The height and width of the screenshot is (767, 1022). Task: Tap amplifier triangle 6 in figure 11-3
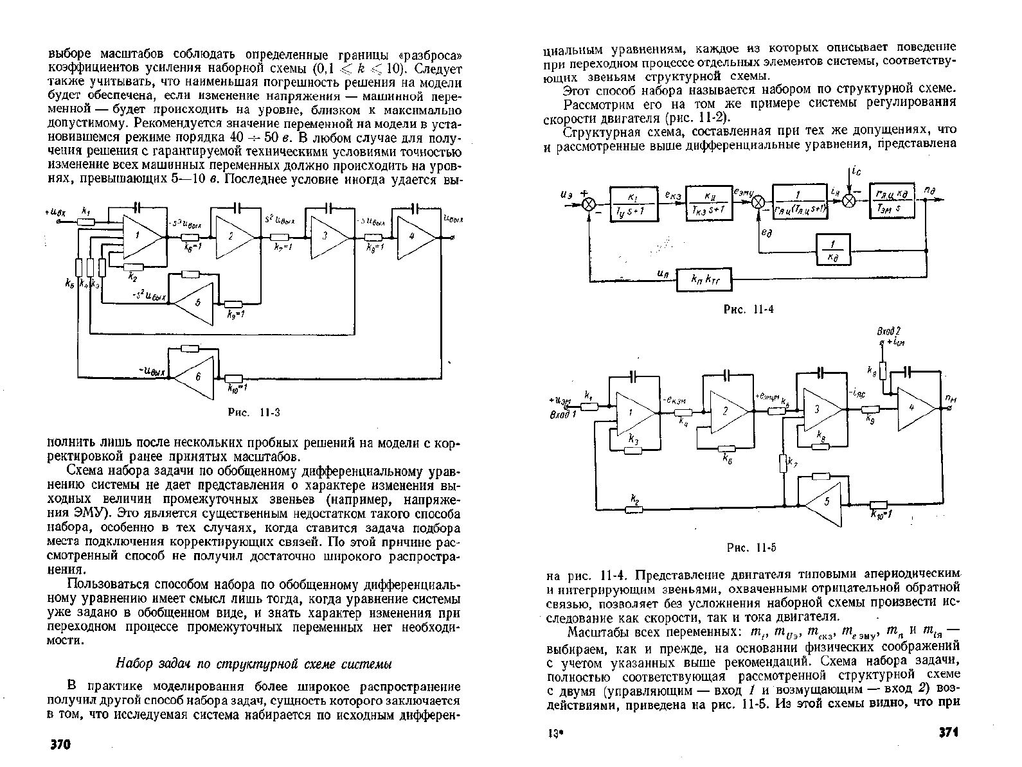coord(195,377)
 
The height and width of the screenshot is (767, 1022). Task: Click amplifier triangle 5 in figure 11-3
coord(195,303)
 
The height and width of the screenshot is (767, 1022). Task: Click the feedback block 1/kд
coord(833,250)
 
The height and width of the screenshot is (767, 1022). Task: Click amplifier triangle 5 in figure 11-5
coord(824,504)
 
